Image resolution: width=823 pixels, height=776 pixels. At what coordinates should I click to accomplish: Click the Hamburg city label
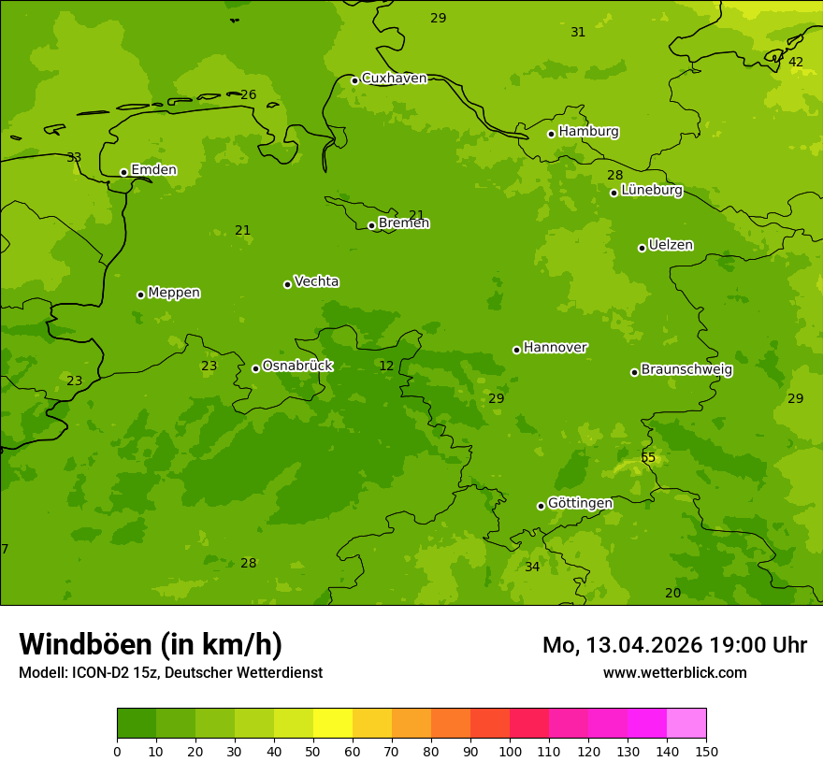(588, 132)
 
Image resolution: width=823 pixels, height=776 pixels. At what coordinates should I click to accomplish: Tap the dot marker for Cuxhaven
(354, 80)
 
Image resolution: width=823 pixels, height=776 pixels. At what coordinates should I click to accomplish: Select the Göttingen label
(580, 504)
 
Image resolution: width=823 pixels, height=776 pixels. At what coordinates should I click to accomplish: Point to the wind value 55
(648, 457)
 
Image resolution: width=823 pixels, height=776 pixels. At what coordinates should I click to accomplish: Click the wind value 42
(796, 62)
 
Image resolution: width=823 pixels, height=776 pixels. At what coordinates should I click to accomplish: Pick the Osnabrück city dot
(255, 368)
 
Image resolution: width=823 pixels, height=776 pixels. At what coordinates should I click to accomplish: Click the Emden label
(153, 170)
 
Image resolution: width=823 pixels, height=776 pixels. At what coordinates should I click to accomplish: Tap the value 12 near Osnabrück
(386, 366)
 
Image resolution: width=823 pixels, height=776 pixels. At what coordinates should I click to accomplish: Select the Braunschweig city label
(686, 370)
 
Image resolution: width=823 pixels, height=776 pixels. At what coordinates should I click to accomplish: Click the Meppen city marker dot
(140, 295)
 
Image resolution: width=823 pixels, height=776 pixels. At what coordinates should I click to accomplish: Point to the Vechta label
(316, 281)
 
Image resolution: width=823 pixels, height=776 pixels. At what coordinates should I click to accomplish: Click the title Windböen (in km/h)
(151, 644)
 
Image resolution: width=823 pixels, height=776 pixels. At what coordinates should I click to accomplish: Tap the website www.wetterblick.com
(674, 672)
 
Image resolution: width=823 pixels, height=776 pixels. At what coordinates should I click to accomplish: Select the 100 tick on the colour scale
(510, 751)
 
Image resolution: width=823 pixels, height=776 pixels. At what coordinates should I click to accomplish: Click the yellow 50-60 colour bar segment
(333, 724)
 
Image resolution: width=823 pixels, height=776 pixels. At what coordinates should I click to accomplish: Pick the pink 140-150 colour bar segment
(686, 724)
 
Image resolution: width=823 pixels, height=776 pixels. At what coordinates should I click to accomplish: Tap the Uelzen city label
(671, 245)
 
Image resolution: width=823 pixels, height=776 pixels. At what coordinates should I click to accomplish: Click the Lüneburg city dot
(614, 193)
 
